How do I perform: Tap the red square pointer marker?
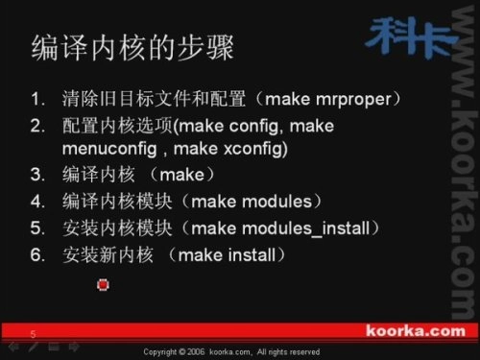(x=103, y=284)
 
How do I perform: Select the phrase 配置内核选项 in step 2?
(x=116, y=126)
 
